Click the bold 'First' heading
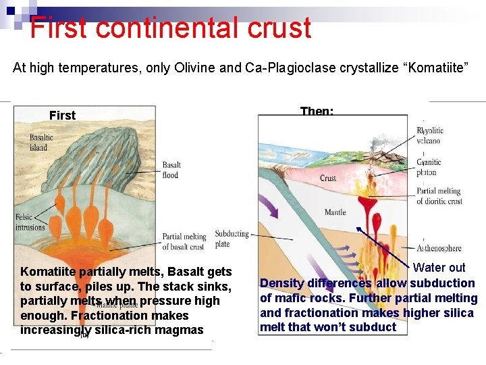click(x=62, y=116)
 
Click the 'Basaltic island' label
click(x=41, y=143)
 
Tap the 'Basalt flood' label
click(x=171, y=170)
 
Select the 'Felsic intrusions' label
click(x=30, y=222)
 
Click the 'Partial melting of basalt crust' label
click(x=184, y=241)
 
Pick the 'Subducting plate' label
click(x=232, y=239)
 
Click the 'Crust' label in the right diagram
click(x=328, y=178)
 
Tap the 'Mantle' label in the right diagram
click(x=335, y=212)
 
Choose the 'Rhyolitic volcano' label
click(x=429, y=136)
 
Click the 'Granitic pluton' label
click(x=429, y=167)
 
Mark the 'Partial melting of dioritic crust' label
click(x=439, y=196)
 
